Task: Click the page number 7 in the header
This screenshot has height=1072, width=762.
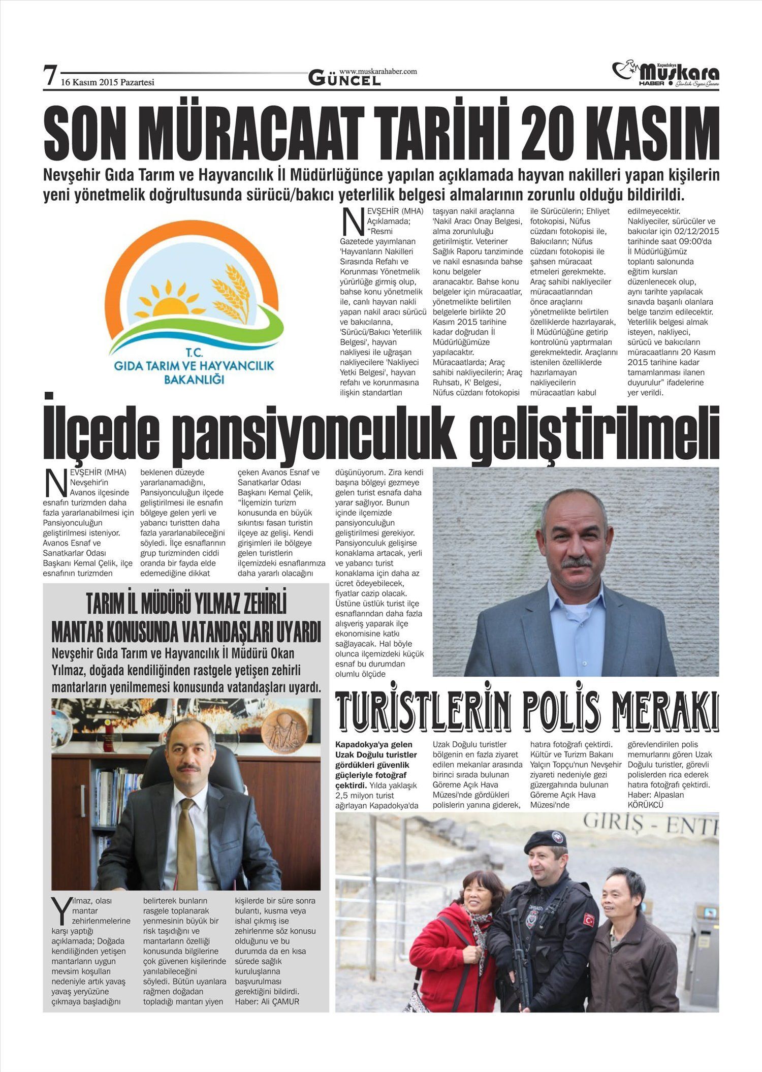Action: (x=49, y=76)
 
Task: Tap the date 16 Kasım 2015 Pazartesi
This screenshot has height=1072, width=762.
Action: (x=107, y=82)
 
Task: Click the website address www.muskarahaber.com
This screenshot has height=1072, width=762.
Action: (x=378, y=72)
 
